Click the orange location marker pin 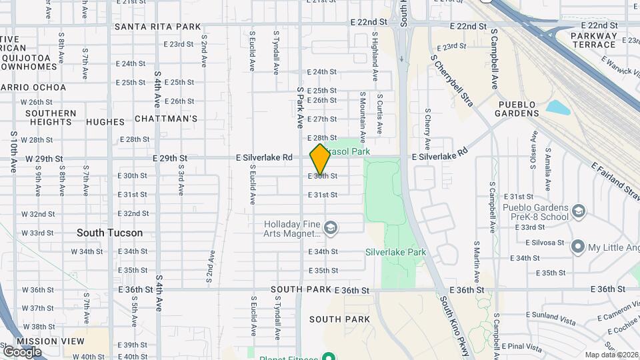[x=320, y=159]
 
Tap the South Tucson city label [x=109, y=233]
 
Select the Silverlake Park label [x=395, y=253]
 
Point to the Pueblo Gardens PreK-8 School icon [x=579, y=211]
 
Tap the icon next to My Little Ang [x=577, y=247]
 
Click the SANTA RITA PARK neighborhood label [x=158, y=27]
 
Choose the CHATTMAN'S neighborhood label [x=166, y=119]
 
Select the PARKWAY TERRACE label [x=593, y=40]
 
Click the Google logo [x=22, y=351]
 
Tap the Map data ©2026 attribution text [x=611, y=355]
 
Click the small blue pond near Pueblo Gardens [x=558, y=107]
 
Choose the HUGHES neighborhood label [x=105, y=122]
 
